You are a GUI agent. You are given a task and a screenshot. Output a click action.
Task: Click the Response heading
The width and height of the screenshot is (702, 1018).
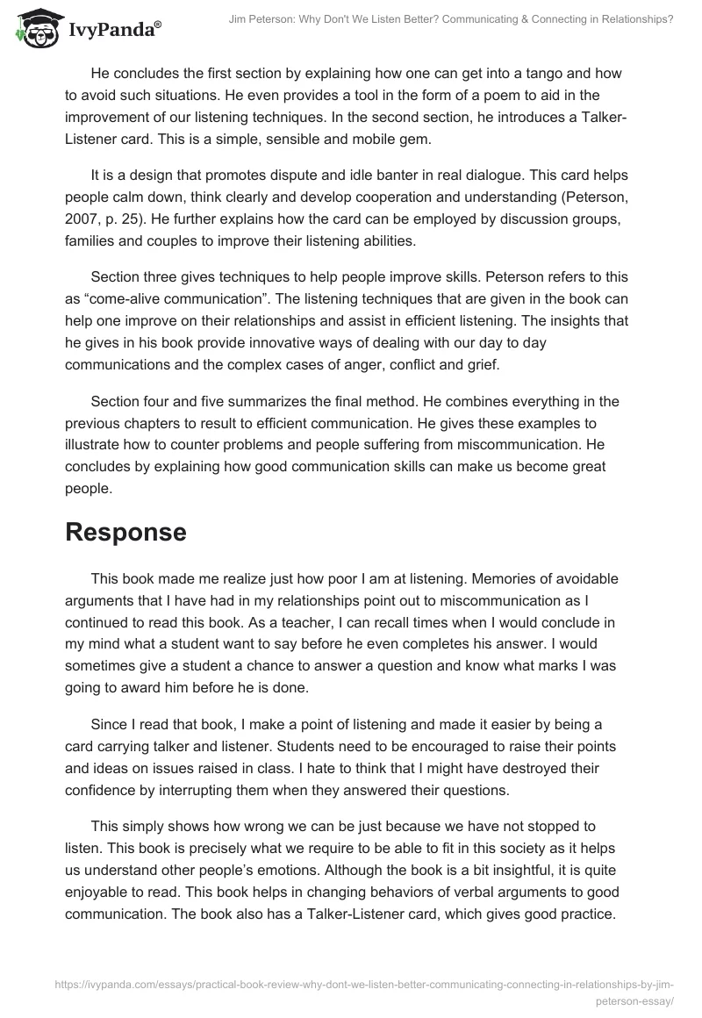click(125, 532)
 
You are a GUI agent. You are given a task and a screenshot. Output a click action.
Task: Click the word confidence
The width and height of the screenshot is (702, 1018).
click(104, 789)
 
